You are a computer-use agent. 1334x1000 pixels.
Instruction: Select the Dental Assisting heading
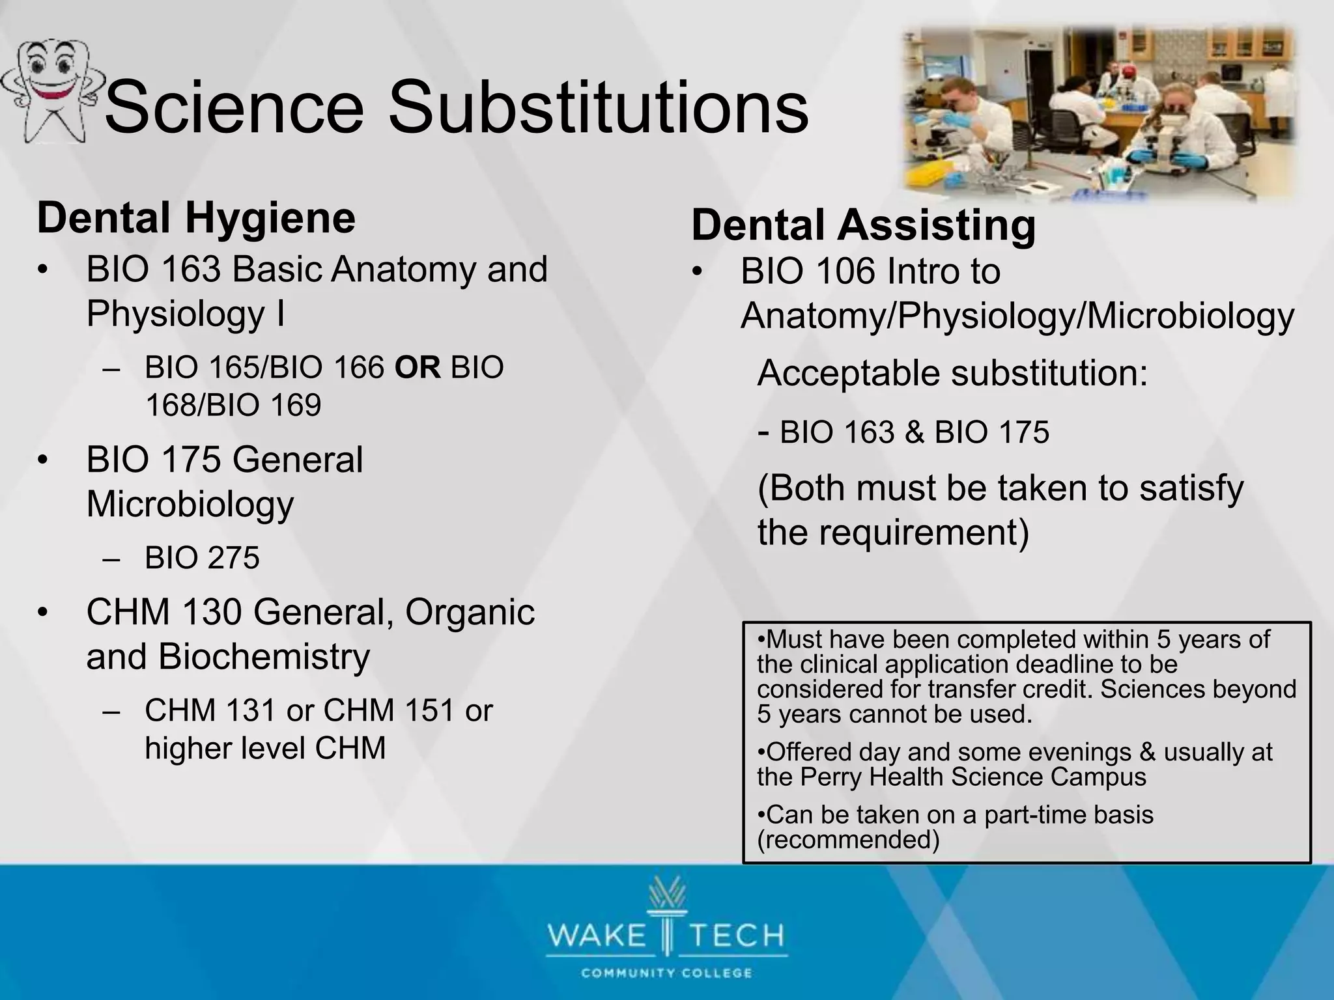pyautogui.click(x=863, y=225)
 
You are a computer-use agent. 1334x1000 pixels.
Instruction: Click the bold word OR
pyautogui.click(x=418, y=368)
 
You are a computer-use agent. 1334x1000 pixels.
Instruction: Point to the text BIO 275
pyautogui.click(x=202, y=558)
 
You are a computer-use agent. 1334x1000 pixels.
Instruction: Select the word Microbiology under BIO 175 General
pyautogui.click(x=190, y=504)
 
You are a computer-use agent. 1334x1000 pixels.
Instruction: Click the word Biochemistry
pyautogui.click(x=264, y=656)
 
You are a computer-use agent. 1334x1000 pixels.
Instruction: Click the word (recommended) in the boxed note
pyautogui.click(x=848, y=840)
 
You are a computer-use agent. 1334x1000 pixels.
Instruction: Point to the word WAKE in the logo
pyautogui.click(x=596, y=936)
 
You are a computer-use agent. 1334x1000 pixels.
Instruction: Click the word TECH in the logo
pyautogui.click(x=737, y=936)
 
